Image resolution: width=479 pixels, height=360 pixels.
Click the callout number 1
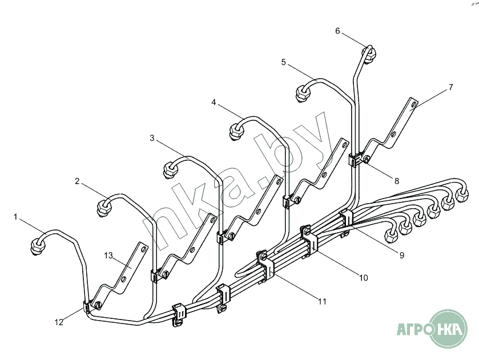[x=16, y=217]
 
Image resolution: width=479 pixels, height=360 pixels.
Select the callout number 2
[x=77, y=181]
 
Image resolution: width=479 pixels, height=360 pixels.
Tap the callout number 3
[x=152, y=138]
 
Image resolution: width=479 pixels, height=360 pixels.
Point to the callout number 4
[x=214, y=102]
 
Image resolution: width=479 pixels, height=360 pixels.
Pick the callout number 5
[x=283, y=62]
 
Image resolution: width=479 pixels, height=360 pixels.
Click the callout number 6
[x=337, y=31]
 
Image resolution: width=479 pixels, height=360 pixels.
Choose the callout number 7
[x=450, y=87]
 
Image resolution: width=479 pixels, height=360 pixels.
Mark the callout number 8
[x=397, y=181]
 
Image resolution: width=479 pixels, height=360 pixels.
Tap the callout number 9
[x=402, y=256]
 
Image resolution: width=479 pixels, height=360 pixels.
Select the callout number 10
[x=363, y=278]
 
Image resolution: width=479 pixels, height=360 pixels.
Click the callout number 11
[x=323, y=301]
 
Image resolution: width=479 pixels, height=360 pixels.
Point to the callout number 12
[x=59, y=322]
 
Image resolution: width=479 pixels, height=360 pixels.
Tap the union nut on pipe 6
[x=370, y=55]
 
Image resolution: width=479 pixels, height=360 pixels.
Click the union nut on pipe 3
[x=170, y=170]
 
